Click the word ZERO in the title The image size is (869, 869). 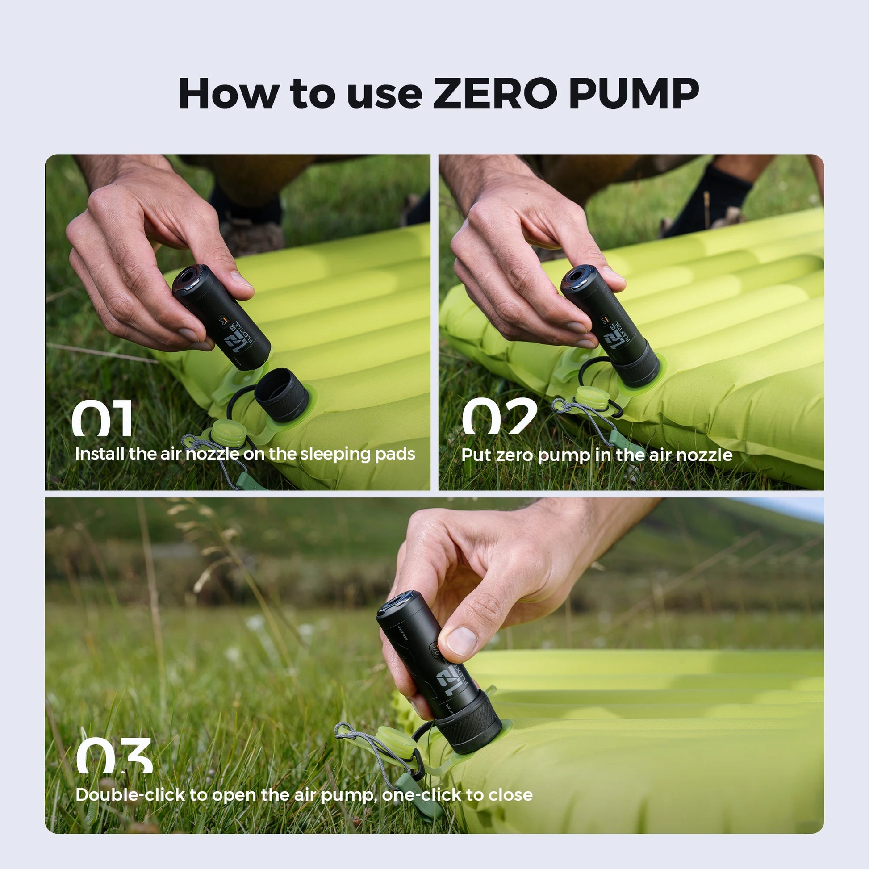tap(494, 94)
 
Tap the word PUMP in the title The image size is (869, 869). tap(634, 94)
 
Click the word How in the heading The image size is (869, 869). tap(228, 94)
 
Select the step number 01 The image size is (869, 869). tap(103, 418)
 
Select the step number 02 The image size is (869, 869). tap(499, 416)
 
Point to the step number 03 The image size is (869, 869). tap(114, 756)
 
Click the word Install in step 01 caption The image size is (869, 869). tap(100, 454)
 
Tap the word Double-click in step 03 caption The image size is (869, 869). tap(130, 795)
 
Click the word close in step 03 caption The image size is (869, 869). tap(510, 795)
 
